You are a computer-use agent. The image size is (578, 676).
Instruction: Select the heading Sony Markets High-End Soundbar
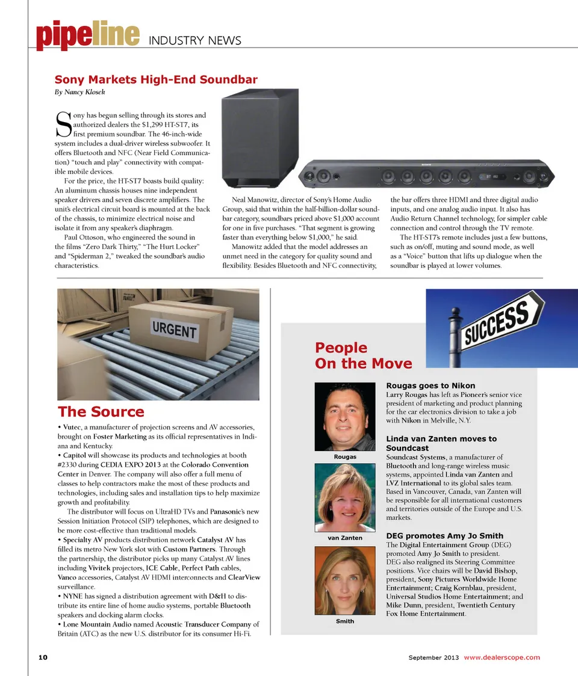(x=156, y=79)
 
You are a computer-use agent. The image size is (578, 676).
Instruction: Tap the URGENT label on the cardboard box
(x=174, y=330)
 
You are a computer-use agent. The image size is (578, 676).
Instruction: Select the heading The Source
(x=101, y=412)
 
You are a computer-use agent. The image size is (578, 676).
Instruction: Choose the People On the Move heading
(x=363, y=355)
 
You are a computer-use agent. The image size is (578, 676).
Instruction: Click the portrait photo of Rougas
(x=345, y=416)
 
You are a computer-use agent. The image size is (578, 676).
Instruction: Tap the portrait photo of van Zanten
(x=345, y=497)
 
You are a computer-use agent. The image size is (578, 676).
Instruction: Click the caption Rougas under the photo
(x=345, y=457)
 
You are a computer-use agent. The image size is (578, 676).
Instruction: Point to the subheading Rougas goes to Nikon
(x=430, y=386)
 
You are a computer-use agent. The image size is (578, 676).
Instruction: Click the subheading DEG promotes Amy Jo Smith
(x=444, y=536)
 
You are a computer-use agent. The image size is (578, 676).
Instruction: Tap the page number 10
(x=43, y=657)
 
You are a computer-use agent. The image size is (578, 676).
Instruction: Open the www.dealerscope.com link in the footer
(x=502, y=657)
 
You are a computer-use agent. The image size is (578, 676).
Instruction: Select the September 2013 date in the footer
(x=433, y=657)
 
